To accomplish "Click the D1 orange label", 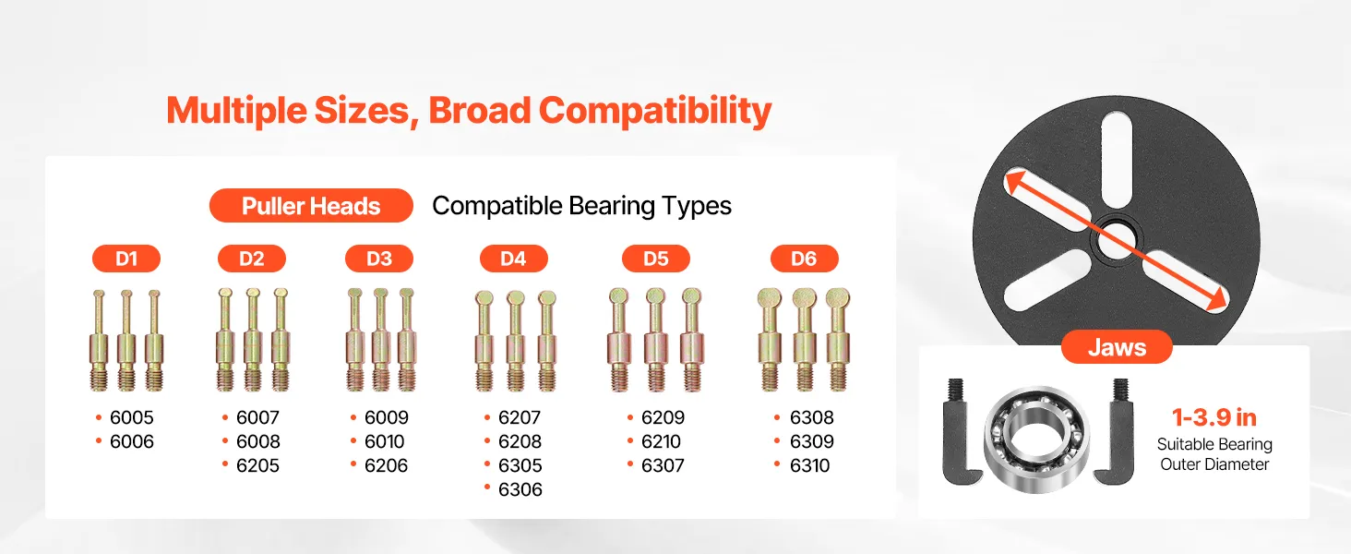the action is [126, 259].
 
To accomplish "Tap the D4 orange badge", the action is [514, 259].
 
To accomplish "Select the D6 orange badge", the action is [804, 259].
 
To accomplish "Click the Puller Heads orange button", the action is [311, 206].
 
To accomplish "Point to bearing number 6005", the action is [131, 417].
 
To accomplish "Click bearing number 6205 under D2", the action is [257, 466].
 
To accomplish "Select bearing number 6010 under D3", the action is [384, 441].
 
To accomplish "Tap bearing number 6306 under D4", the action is [520, 489].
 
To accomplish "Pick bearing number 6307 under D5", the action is [663, 466].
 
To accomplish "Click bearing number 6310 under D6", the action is [809, 466].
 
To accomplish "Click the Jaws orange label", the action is [1117, 347].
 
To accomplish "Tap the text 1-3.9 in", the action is [1214, 417].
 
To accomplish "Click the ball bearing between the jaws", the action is [1036, 439].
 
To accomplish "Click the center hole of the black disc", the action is [1117, 239].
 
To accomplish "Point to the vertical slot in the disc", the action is [1117, 162].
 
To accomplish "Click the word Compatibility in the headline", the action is [655, 111].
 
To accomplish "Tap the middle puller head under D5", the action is [655, 340].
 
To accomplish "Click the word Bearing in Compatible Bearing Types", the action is [612, 207].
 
